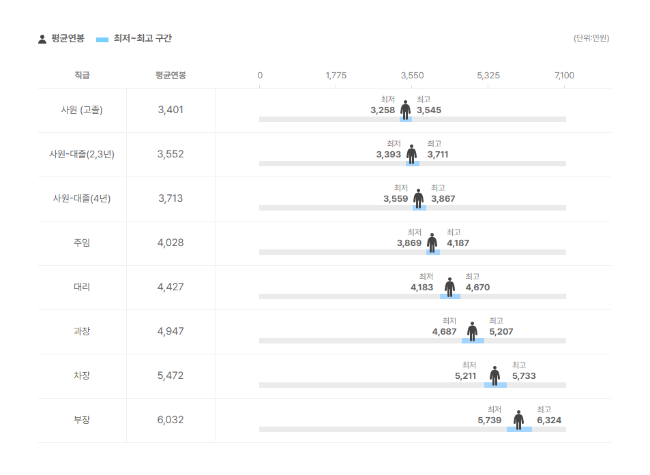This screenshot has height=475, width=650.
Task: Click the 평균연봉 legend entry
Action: [x=61, y=39]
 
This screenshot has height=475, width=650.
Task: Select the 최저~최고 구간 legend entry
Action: [x=134, y=39]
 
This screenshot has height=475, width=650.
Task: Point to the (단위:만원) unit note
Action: [x=591, y=38]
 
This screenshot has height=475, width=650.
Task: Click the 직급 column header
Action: [x=82, y=75]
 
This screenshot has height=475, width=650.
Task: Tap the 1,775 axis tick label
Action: [x=336, y=75]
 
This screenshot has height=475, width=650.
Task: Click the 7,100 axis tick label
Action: [x=564, y=75]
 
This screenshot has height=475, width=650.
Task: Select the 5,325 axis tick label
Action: [x=488, y=75]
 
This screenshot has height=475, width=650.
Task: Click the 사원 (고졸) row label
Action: [x=82, y=110]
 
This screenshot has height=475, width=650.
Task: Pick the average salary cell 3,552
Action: [x=170, y=154]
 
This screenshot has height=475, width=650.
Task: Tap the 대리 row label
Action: [x=82, y=287]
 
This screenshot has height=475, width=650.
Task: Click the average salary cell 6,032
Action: [x=170, y=420]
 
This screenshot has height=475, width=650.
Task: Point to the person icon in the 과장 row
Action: [x=472, y=331]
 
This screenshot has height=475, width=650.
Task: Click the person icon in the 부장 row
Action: [x=518, y=420]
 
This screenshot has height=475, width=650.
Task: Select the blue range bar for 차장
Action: [x=495, y=385]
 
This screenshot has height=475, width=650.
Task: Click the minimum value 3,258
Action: [x=383, y=110]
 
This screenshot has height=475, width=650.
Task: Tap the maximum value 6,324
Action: [x=549, y=420]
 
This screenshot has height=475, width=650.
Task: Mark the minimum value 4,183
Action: [x=422, y=287]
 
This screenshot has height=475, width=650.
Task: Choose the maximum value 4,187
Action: [x=458, y=243]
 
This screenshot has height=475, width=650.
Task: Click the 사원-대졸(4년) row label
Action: [x=82, y=198]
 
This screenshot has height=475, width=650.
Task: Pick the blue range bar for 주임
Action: [x=433, y=252]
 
